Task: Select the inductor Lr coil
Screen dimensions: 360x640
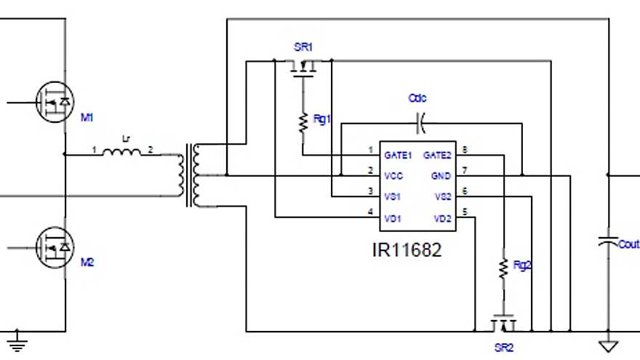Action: point(121,153)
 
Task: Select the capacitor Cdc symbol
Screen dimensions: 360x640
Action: point(420,123)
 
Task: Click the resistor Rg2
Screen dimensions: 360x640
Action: point(503,268)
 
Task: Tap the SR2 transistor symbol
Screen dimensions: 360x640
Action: point(503,323)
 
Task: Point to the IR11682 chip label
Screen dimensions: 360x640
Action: point(407,250)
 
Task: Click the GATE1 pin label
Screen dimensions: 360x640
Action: point(399,154)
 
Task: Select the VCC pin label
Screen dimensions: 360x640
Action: point(393,176)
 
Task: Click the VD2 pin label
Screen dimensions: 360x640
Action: point(442,218)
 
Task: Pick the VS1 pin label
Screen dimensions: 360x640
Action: point(393,197)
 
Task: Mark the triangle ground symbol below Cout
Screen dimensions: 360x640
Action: point(607,346)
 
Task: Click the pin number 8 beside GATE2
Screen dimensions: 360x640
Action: point(464,151)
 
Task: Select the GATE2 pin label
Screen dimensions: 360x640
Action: point(438,154)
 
